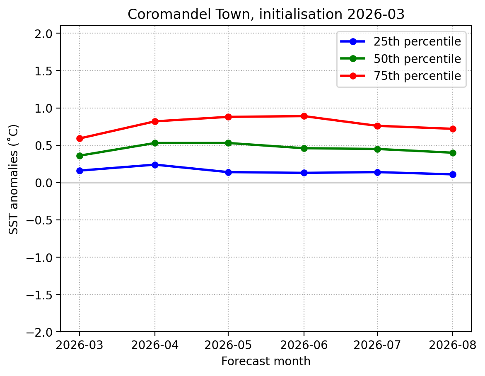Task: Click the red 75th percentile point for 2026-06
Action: tap(304, 116)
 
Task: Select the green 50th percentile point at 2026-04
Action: tap(155, 143)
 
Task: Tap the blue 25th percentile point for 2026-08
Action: tap(452, 174)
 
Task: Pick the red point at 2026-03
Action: tap(80, 138)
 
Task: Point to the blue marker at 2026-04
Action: tap(155, 165)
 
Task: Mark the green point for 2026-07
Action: tap(377, 149)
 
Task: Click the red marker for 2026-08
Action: tap(452, 129)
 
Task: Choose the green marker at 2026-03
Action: tap(80, 156)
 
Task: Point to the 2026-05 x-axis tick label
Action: tap(228, 345)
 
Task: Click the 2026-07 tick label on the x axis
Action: tap(377, 345)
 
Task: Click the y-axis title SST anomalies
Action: tap(14, 179)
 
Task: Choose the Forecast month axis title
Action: tap(266, 362)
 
